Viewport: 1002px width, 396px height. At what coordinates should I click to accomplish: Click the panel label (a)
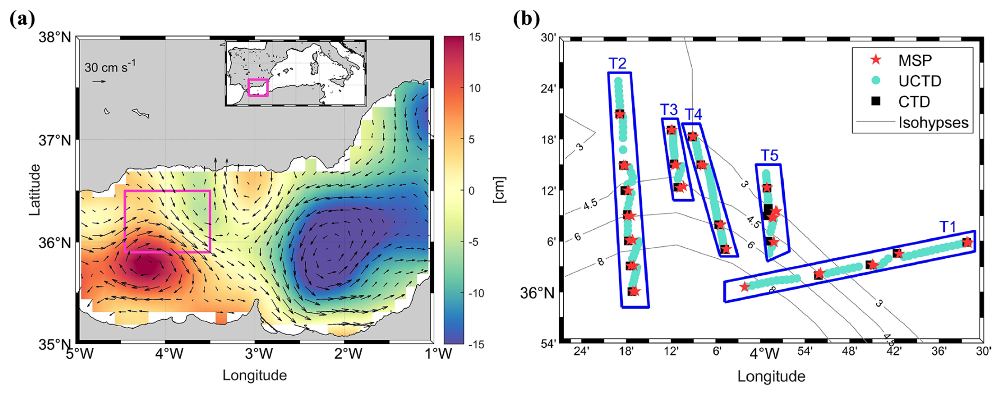[22, 19]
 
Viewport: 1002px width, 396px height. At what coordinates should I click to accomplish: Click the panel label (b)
[526, 19]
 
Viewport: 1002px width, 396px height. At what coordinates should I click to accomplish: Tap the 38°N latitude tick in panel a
[55, 38]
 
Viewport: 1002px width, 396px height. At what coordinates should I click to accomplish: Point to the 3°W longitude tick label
[258, 354]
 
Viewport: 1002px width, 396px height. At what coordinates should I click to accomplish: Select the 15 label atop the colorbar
[475, 38]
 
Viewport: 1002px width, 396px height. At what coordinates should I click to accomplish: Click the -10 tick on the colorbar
[476, 293]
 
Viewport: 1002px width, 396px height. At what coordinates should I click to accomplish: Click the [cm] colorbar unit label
[499, 190]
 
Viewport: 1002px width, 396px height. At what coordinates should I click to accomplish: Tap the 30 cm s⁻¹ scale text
[110, 67]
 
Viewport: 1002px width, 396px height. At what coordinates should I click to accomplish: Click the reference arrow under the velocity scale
[99, 82]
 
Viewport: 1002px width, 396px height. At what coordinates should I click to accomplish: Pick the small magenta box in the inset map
[258, 87]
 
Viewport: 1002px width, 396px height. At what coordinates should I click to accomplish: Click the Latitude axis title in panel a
[35, 190]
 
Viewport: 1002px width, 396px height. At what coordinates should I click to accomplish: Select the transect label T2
[618, 64]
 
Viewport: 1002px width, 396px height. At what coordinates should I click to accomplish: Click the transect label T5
[769, 155]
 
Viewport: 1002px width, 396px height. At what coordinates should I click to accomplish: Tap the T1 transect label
[948, 227]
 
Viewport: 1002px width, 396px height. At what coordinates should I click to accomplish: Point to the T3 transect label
[669, 110]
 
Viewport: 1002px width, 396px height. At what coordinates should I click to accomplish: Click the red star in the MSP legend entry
[876, 60]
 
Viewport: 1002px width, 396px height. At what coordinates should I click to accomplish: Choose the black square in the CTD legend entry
[876, 101]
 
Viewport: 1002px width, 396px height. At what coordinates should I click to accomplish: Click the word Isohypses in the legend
[933, 123]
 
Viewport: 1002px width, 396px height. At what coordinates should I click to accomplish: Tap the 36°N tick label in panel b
[536, 293]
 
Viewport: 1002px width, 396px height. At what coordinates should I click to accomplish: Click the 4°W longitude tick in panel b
[764, 353]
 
